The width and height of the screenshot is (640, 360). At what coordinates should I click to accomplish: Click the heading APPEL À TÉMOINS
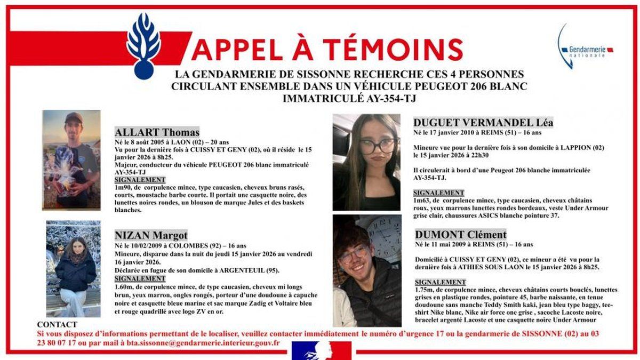pos(327,50)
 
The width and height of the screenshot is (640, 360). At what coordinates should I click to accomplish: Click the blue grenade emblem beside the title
pos(143,45)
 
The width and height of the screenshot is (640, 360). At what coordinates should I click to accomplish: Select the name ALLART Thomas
pos(157,132)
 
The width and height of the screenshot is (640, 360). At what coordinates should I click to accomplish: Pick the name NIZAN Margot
pos(151,235)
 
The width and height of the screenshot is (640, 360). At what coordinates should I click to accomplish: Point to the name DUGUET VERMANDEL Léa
pos(484,123)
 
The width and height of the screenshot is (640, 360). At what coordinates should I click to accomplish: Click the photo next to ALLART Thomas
pos(71,159)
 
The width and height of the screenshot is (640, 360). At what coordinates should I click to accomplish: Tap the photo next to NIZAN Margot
pos(73,269)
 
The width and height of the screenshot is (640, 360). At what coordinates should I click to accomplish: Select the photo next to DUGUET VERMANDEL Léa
pos(366,162)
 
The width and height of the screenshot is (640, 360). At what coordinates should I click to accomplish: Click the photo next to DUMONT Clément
pos(367,270)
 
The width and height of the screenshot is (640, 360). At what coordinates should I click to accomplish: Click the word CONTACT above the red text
pos(57,324)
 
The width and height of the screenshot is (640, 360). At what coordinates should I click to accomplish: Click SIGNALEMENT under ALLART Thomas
pos(140,180)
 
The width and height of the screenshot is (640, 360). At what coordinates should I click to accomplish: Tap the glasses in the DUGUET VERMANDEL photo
pos(377,146)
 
